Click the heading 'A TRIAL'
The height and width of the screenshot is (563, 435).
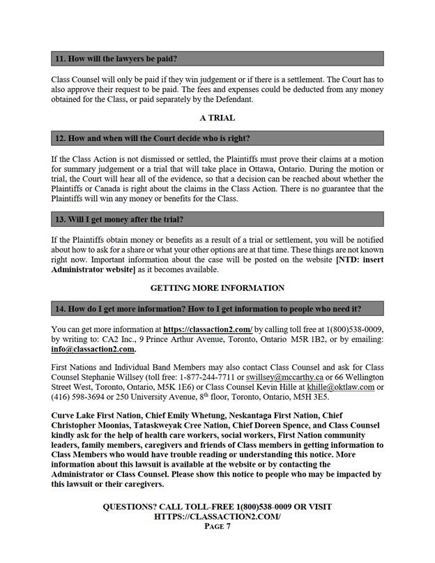pos(217,118)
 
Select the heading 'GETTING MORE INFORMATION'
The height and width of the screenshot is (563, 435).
pos(217,287)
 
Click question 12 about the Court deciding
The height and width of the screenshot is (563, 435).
pos(152,138)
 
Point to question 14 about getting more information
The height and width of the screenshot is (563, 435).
pos(208,308)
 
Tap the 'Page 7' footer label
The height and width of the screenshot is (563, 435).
pos(217,527)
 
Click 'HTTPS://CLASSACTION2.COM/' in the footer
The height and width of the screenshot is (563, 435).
pos(217,516)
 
